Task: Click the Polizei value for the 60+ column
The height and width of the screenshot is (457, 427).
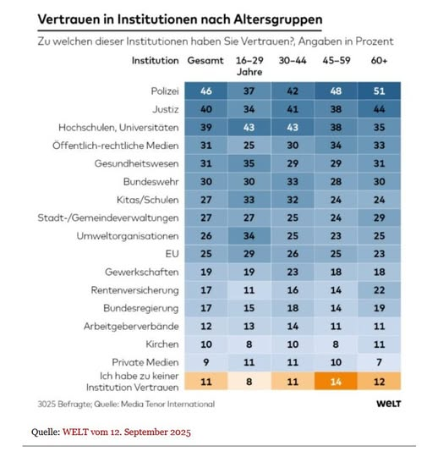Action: [379, 91]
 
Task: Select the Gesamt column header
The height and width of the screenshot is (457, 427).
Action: [205, 61]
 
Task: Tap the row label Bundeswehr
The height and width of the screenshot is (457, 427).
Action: [151, 182]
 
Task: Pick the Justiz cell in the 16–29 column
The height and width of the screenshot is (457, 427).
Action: [249, 109]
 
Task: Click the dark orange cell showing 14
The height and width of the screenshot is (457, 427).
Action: [336, 381]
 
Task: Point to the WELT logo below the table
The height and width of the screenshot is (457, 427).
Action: [389, 404]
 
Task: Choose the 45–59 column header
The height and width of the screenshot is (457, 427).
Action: [337, 61]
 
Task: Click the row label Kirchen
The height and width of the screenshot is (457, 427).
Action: [162, 344]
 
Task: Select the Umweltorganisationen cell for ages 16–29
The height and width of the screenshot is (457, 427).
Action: [249, 235]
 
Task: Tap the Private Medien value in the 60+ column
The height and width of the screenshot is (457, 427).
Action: [379, 362]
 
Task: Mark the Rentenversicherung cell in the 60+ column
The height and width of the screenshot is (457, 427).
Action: [379, 290]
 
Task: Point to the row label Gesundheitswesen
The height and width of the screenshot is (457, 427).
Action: [137, 163]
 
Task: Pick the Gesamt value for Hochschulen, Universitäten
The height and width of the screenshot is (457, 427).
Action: [206, 127]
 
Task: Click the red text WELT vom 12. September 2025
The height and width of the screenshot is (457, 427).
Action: [127, 432]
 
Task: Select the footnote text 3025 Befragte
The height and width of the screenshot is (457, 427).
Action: [64, 405]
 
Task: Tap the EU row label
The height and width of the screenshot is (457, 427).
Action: [172, 254]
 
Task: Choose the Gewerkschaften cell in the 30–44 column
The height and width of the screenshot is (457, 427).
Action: [293, 272]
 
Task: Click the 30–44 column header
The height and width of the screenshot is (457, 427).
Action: [293, 61]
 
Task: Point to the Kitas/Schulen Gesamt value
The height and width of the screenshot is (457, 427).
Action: [206, 200]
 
